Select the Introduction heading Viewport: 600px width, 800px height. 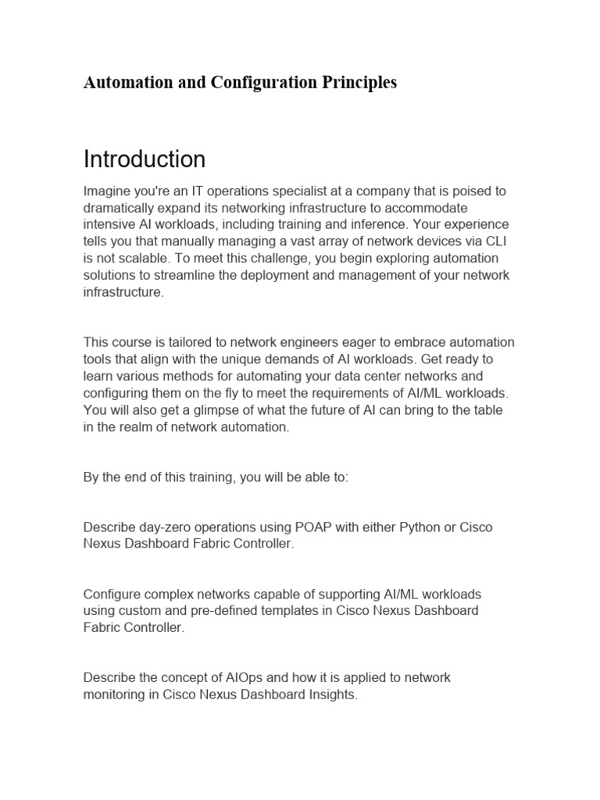tap(145, 159)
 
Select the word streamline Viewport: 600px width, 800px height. tap(177, 275)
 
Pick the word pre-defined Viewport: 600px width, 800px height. tap(250, 611)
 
